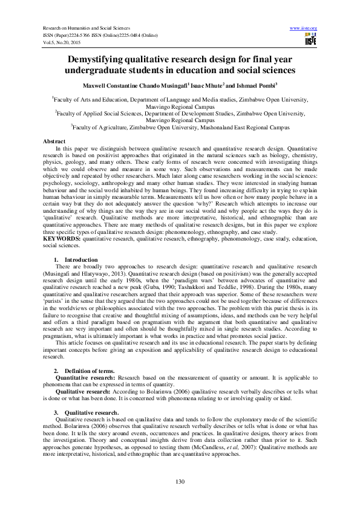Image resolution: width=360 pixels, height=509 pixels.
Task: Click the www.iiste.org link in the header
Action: pos(304,28)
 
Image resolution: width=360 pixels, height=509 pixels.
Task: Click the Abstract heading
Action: pos(54,141)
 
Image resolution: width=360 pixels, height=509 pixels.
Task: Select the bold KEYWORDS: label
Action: pos(62,239)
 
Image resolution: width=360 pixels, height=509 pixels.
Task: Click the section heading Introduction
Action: pos(81,259)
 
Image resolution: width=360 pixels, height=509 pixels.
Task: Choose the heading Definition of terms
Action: pos(88,370)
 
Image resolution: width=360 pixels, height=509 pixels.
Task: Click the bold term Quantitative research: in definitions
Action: pos(84,377)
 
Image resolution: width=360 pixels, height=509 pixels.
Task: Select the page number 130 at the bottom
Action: pos(180,481)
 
